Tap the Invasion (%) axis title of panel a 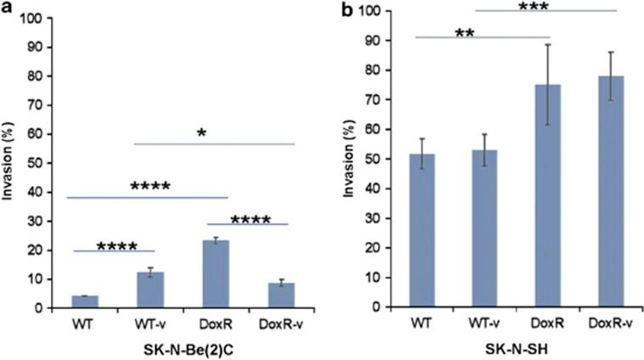[10, 161]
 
